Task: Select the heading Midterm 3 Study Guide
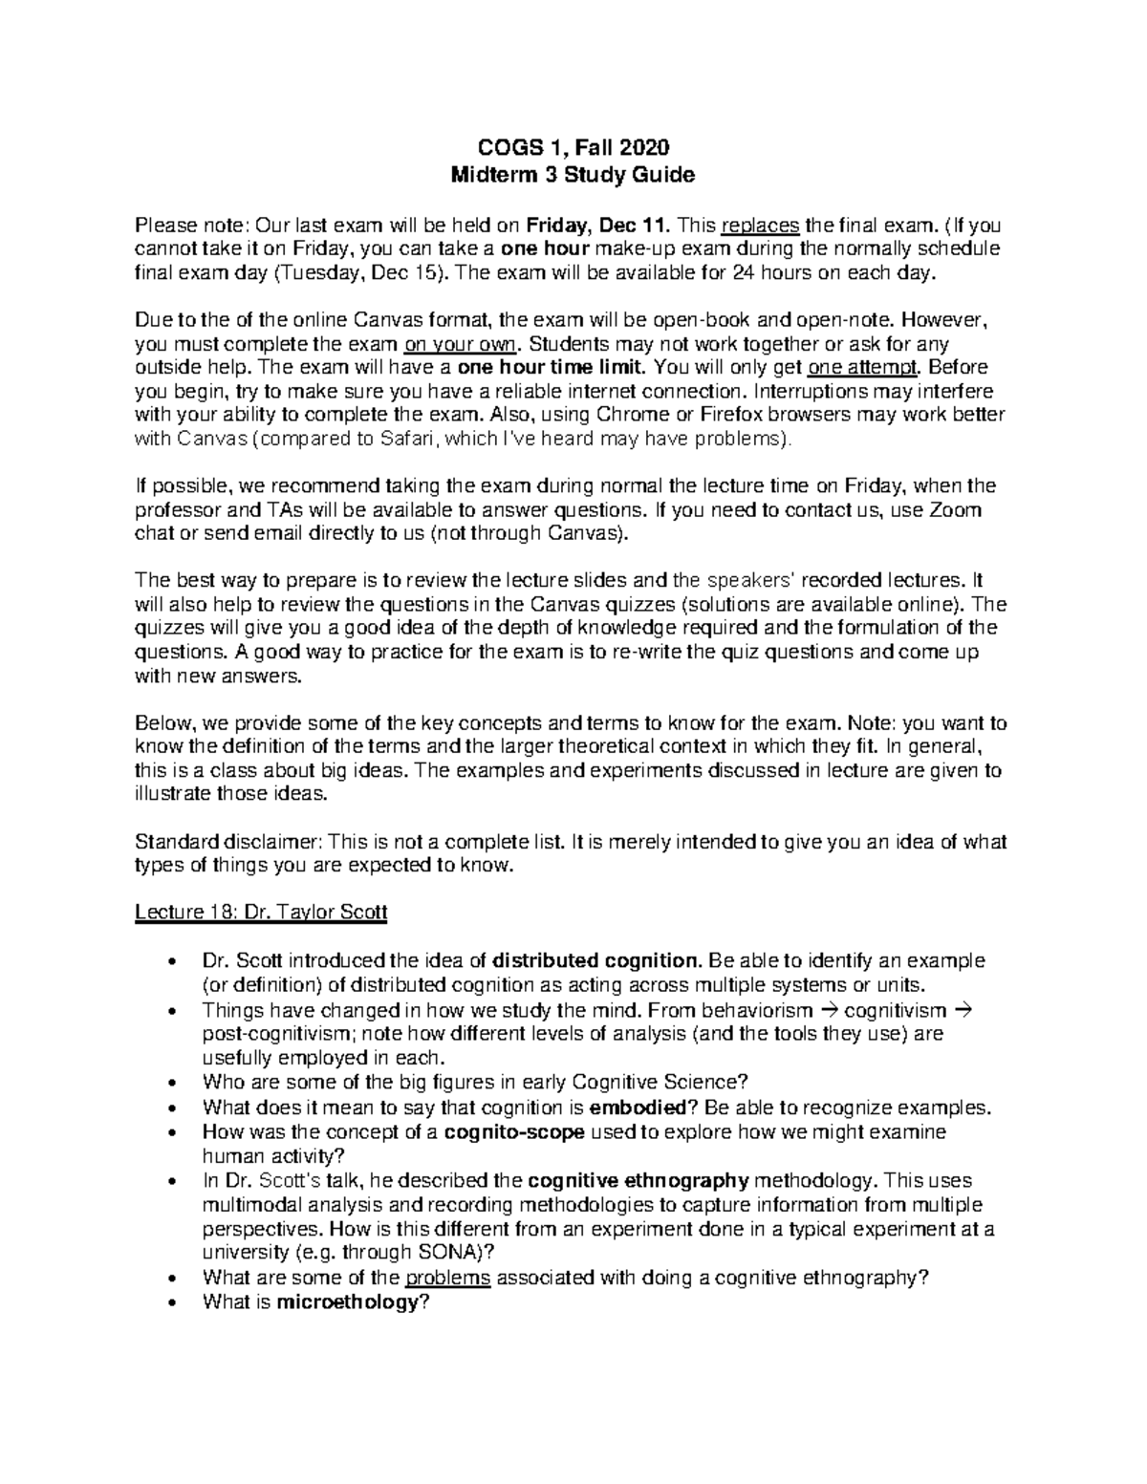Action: click(573, 175)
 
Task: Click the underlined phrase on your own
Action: click(463, 344)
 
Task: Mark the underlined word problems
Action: click(447, 1278)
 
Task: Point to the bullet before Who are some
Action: click(170, 1084)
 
